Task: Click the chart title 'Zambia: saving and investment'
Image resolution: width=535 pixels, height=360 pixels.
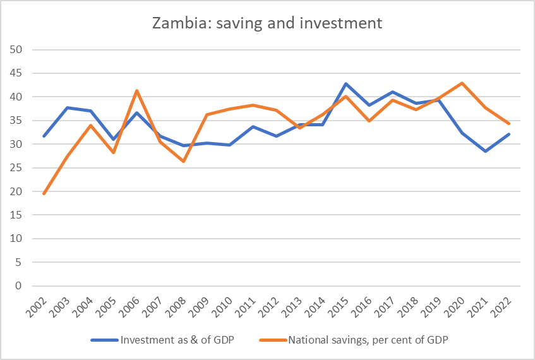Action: [x=267, y=25]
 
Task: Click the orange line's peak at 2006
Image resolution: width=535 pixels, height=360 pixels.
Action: [x=137, y=91]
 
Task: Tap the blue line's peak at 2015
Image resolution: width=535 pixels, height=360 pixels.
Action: [x=346, y=84]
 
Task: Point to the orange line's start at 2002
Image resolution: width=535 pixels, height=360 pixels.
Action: [x=44, y=193]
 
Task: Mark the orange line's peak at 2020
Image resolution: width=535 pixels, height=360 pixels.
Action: [x=462, y=83]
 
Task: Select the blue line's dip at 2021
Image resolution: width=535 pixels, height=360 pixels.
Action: [x=486, y=152]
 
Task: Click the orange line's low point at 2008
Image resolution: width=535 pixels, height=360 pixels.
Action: [x=183, y=162]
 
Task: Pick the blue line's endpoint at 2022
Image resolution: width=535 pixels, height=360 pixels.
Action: [x=508, y=135]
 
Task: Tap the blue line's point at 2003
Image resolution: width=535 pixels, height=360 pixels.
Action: [x=68, y=108]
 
